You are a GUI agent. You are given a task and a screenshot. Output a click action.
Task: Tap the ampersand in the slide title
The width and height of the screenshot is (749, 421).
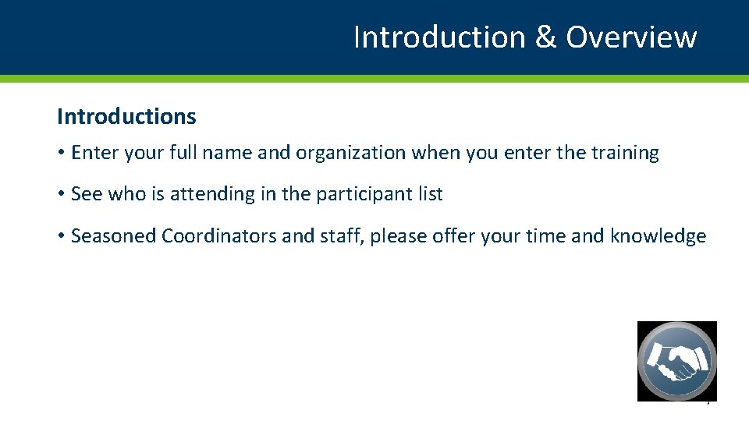pyautogui.click(x=545, y=37)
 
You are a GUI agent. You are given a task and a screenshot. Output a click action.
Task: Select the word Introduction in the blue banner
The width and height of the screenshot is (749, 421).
pyautogui.click(x=439, y=37)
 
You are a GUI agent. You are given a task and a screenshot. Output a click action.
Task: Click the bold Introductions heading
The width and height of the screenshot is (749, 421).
pyautogui.click(x=126, y=117)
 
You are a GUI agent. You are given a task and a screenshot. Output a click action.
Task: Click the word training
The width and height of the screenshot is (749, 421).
pyautogui.click(x=624, y=153)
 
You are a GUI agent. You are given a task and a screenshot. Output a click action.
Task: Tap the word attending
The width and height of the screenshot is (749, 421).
pyautogui.click(x=211, y=194)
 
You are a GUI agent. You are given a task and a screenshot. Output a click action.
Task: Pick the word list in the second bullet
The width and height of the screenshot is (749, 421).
pyautogui.click(x=430, y=194)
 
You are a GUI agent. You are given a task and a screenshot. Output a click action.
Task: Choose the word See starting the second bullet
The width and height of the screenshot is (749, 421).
pyautogui.click(x=86, y=194)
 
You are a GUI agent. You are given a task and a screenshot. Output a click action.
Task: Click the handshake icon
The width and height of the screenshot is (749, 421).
pyautogui.click(x=676, y=361)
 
